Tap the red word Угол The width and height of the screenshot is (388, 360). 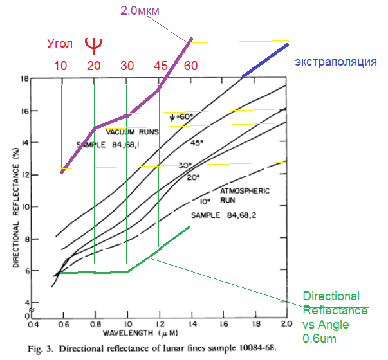tap(61, 44)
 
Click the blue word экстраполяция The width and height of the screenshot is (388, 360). tap(335, 62)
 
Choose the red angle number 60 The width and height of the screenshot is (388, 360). tap(190, 66)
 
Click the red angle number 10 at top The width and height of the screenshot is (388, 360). tap(60, 66)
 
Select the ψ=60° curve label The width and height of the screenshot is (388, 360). tap(181, 118)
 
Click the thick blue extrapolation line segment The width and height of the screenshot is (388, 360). tap(265, 60)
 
